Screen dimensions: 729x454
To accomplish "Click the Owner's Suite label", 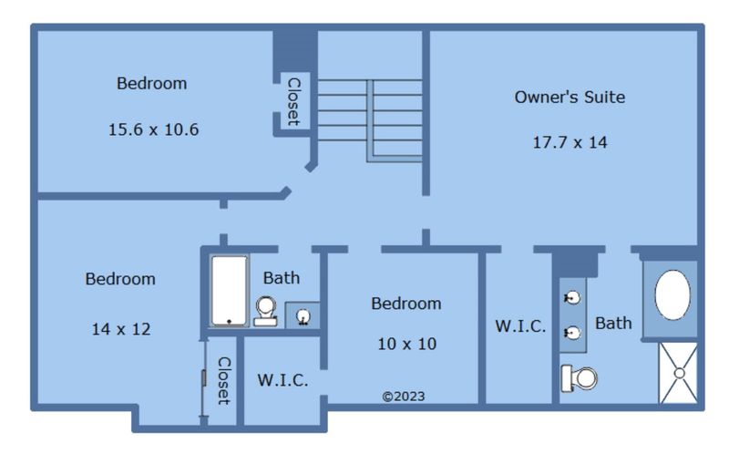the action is [570, 97].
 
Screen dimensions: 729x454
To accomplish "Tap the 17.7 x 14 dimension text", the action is [570, 142].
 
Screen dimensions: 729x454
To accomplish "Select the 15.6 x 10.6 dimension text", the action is [153, 129].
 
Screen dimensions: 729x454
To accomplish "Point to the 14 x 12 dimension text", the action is [121, 329].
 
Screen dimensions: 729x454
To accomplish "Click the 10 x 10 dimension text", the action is [406, 344].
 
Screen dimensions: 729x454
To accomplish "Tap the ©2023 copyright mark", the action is [404, 397].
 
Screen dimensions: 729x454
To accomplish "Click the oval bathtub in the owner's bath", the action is [673, 294].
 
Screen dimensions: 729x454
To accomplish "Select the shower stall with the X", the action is [678, 373].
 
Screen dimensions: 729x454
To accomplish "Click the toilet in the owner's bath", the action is [579, 378].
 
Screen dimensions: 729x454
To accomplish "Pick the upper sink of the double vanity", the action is [572, 297].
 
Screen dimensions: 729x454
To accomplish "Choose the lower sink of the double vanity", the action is [572, 333].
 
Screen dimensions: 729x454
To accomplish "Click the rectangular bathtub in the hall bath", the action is [230, 291].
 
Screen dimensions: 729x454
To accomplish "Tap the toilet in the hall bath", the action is [265, 311].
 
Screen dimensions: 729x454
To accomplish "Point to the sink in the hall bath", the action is [303, 316].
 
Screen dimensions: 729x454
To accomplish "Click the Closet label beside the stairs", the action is [293, 102].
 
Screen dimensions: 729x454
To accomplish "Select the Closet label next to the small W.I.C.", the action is [223, 380].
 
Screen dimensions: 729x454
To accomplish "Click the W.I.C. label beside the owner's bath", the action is [520, 326].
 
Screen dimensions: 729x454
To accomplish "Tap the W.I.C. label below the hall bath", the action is [282, 380].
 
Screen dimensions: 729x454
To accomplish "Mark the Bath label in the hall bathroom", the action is [282, 278].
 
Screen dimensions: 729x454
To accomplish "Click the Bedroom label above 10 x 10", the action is [406, 304].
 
